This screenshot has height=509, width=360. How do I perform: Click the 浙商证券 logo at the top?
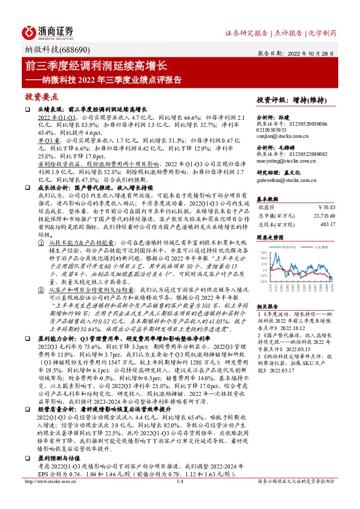(48, 31)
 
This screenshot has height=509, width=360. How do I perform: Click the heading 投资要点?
(41, 96)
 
